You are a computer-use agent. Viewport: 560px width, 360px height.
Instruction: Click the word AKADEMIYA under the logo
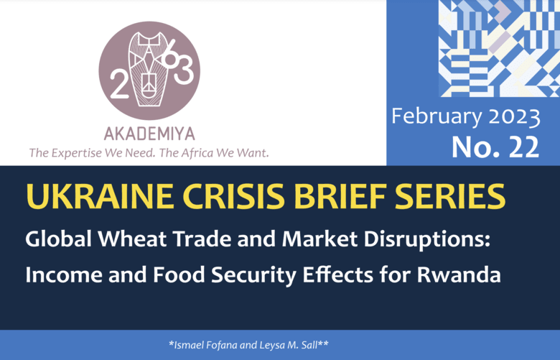tap(149, 134)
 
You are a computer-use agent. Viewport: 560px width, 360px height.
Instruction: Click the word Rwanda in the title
tap(459, 274)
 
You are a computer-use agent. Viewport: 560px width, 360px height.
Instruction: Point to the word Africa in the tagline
tap(197, 152)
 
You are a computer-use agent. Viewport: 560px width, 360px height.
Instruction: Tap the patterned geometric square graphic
tap(499, 48)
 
